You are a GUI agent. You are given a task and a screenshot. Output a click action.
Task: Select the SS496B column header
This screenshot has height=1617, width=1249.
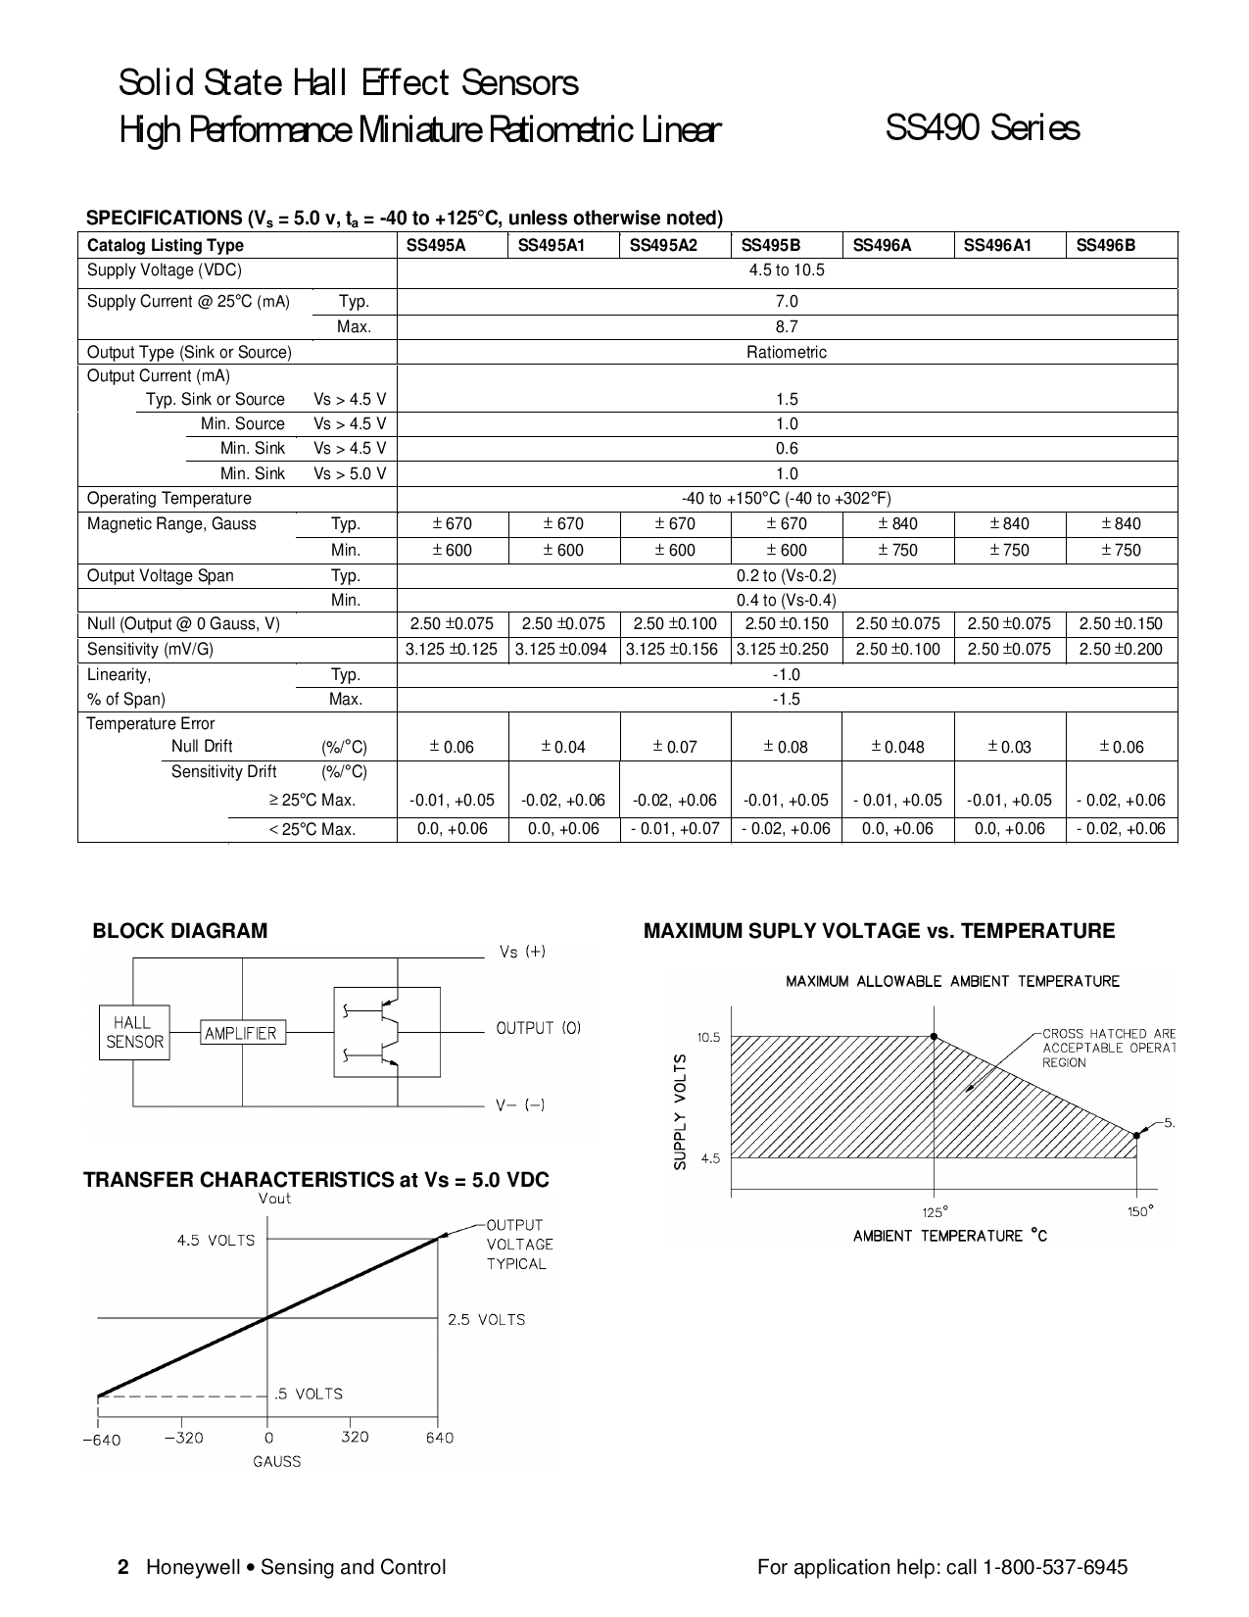click(1105, 245)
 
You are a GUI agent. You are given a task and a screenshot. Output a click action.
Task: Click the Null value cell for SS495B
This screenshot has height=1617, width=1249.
click(787, 623)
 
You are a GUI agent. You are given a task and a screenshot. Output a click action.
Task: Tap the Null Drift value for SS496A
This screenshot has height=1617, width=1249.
click(898, 747)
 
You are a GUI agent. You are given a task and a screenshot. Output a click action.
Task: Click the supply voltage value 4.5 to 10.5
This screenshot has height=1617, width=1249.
click(787, 270)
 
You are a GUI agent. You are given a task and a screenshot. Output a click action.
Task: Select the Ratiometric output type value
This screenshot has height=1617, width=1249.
click(787, 352)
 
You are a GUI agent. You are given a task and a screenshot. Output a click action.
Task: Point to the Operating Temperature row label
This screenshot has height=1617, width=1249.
click(169, 498)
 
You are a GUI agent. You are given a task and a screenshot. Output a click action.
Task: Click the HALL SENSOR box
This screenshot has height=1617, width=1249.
click(134, 1032)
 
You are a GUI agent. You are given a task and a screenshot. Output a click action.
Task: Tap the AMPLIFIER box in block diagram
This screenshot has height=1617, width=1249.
click(240, 1033)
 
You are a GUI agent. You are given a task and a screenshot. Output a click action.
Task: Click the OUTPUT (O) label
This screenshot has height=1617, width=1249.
click(538, 1028)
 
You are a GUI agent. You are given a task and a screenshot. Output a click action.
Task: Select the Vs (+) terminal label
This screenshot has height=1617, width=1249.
click(522, 952)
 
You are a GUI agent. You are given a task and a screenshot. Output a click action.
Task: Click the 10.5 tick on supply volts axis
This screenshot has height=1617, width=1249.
click(708, 1037)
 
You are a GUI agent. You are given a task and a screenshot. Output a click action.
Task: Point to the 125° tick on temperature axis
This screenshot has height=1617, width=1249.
click(934, 1210)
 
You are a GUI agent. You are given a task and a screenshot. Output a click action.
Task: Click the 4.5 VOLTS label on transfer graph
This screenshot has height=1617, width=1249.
click(216, 1240)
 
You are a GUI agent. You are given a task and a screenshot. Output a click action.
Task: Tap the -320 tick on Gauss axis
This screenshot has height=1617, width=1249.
click(183, 1438)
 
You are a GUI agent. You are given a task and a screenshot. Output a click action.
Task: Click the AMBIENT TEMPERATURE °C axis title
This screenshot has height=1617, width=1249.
click(949, 1236)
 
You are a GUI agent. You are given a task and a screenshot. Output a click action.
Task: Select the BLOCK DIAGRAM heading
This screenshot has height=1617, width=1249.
click(179, 931)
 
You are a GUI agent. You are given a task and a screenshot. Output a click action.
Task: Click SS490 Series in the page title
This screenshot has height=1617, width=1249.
click(982, 128)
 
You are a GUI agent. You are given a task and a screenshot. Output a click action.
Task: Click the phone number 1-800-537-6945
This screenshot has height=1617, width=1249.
click(1061, 1567)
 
